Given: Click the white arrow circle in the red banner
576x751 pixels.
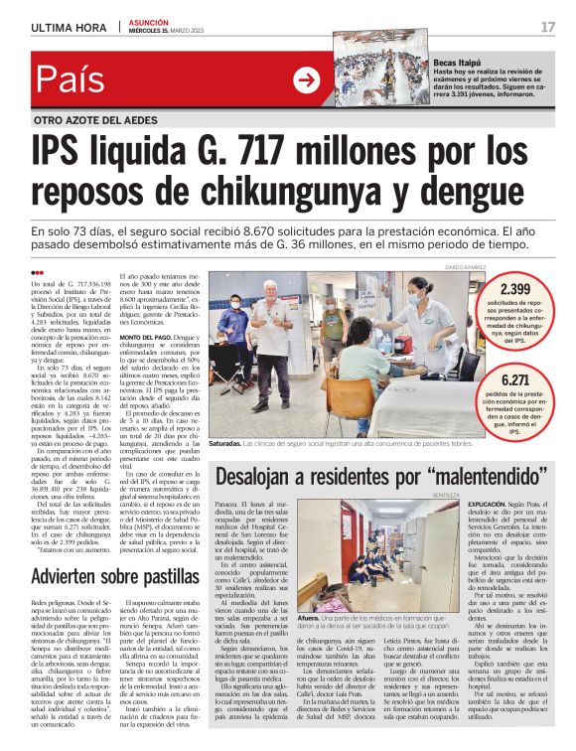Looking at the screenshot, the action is point(306,79).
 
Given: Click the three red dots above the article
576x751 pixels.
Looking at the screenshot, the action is point(38,273).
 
